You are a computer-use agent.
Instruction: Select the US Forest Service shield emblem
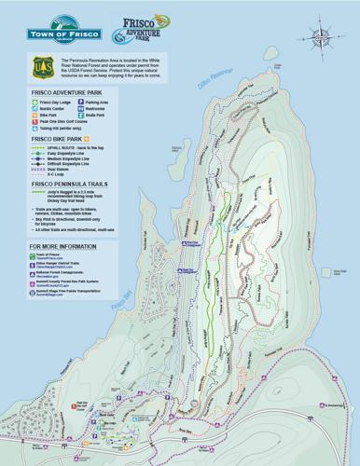pyautogui.click(x=39, y=67)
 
